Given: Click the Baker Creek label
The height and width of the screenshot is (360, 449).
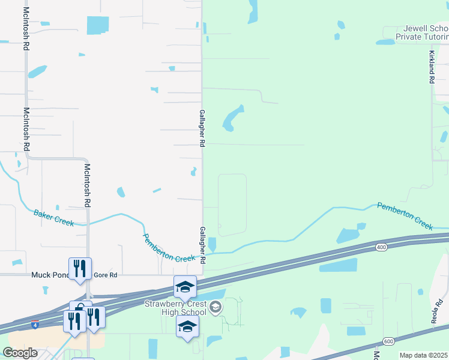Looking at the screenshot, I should (54, 218).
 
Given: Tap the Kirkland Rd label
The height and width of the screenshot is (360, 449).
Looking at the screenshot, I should (431, 67).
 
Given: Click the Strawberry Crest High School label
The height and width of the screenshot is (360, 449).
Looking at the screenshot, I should (174, 308).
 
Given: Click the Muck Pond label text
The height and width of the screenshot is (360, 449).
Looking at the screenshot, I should (49, 275).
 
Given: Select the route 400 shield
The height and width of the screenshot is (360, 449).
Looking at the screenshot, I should (381, 247).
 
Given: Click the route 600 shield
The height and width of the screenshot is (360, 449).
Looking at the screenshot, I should (389, 341).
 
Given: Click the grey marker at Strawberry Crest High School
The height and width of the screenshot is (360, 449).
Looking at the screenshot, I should (215, 308).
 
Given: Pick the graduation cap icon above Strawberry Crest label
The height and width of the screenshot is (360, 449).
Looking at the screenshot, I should (185, 287).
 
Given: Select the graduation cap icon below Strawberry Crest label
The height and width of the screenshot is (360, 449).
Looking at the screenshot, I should (187, 327).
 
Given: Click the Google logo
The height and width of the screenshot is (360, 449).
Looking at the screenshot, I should (20, 353).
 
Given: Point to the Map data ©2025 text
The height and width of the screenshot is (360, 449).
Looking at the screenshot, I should (423, 355).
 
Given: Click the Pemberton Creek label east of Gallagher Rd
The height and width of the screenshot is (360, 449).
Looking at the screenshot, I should (405, 216).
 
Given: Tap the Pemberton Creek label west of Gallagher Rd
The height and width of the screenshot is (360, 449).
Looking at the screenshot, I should (169, 248).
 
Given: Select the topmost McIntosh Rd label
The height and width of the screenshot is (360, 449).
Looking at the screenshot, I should (26, 29).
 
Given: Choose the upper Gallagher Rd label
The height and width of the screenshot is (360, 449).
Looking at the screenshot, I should (202, 128).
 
